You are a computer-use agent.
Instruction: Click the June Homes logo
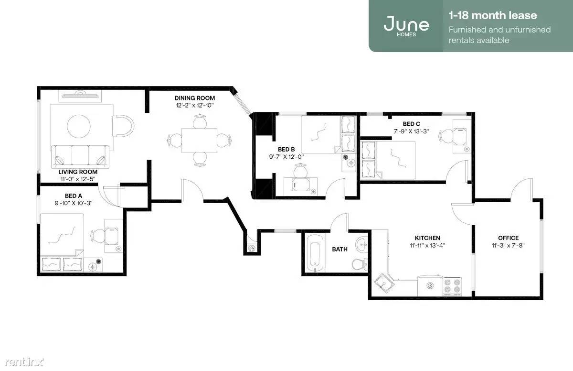pyautogui.click(x=406, y=26)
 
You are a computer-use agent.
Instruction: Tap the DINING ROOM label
pyautogui.click(x=195, y=98)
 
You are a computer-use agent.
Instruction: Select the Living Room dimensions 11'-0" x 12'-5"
pyautogui.click(x=78, y=179)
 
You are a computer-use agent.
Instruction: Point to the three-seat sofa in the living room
pyautogui.click(x=80, y=157)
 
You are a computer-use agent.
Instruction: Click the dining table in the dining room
pyautogui.click(x=199, y=140)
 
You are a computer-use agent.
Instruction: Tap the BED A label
pyautogui.click(x=74, y=196)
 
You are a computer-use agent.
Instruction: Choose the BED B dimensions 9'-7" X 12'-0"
pyautogui.click(x=286, y=157)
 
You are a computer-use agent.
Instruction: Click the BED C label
pyautogui.click(x=411, y=124)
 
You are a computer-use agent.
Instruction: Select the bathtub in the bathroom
pyautogui.click(x=314, y=253)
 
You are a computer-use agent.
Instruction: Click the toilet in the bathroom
pyautogui.click(x=360, y=264)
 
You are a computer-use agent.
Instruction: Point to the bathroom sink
pyautogui.click(x=362, y=243)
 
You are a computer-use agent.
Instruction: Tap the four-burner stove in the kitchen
pyautogui.click(x=452, y=286)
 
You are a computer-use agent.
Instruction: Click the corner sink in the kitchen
pyautogui.click(x=384, y=283)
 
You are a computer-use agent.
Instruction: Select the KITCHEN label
pyautogui.click(x=427, y=238)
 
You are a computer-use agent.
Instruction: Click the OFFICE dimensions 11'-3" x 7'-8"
pyautogui.click(x=508, y=245)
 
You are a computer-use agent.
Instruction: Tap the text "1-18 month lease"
pyautogui.click(x=493, y=16)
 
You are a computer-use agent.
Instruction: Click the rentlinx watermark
pyautogui.click(x=24, y=362)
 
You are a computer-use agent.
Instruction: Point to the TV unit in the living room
pyautogui.click(x=80, y=96)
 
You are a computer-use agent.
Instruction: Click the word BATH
pyautogui.click(x=340, y=249)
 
